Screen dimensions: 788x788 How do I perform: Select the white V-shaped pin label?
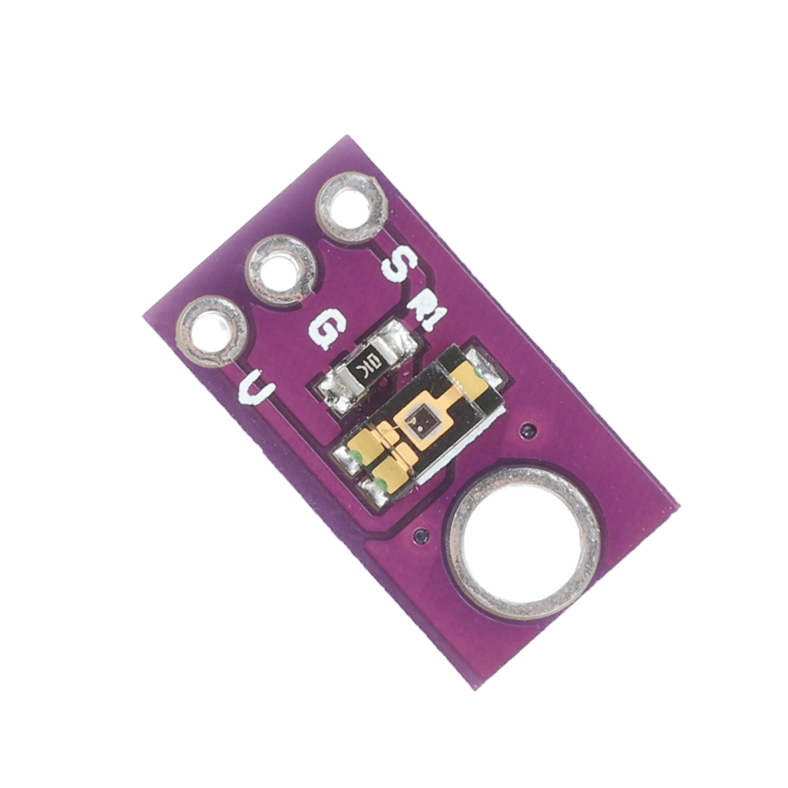click(257, 388)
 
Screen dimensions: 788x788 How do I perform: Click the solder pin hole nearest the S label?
click(351, 208)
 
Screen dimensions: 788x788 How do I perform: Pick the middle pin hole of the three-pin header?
click(282, 269)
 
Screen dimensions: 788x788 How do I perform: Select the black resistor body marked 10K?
click(368, 367)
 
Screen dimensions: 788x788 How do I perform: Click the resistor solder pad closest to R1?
click(398, 340)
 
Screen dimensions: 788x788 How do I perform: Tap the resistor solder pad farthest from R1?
click(336, 394)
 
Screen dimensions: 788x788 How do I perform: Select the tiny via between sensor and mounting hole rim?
click(422, 536)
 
